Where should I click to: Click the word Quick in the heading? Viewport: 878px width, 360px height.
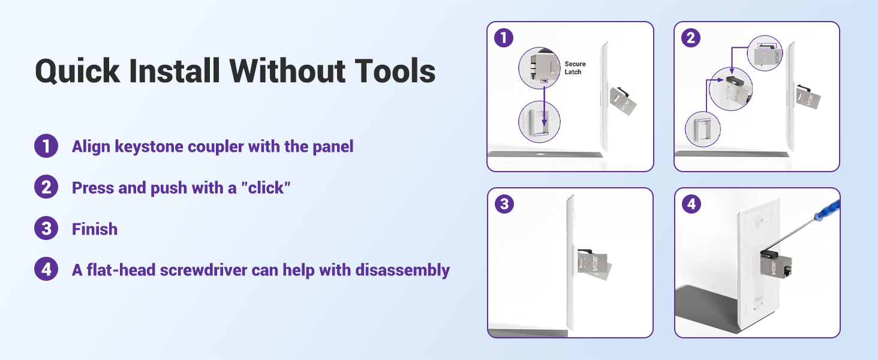click(x=77, y=72)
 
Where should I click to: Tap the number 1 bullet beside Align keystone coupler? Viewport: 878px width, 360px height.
click(x=46, y=146)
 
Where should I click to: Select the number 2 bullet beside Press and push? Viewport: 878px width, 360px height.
click(x=46, y=187)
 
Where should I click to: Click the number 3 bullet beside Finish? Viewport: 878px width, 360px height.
click(x=46, y=228)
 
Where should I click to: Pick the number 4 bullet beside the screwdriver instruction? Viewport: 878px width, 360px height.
click(x=46, y=269)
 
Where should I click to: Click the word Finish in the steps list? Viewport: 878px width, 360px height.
click(x=95, y=229)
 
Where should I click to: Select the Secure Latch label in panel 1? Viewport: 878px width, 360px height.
click(x=575, y=68)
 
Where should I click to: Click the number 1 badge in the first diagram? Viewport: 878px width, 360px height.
click(x=504, y=38)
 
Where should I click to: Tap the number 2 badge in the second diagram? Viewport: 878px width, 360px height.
click(x=691, y=38)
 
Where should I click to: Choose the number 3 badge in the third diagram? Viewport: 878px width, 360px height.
click(x=504, y=204)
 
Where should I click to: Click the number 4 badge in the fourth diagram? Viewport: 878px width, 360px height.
click(x=691, y=204)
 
